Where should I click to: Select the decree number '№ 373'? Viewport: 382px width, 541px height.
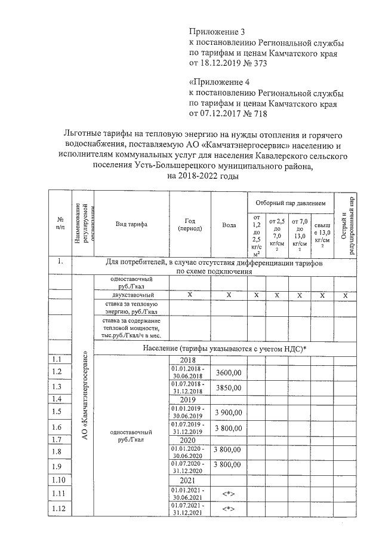coord(247,63)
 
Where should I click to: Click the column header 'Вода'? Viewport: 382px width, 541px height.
coord(229,225)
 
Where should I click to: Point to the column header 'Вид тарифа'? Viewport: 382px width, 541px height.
coord(131,224)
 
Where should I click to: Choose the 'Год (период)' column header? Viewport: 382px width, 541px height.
coord(190,225)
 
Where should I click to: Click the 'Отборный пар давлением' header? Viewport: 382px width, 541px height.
coord(291,203)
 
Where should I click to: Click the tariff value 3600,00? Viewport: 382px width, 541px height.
coord(229,372)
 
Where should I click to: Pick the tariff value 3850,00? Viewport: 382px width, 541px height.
coord(229,387)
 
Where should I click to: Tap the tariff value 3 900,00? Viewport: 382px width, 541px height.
coord(229,412)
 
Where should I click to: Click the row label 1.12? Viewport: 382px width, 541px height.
coord(58,509)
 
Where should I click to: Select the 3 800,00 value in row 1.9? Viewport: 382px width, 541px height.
coord(229,464)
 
